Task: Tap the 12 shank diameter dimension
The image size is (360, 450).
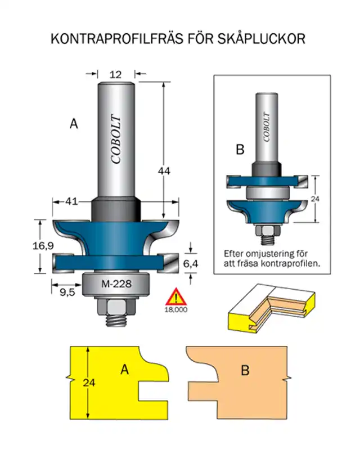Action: tap(116, 74)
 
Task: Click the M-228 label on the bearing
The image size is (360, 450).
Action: tap(116, 284)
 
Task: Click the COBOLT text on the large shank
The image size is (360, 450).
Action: tap(116, 139)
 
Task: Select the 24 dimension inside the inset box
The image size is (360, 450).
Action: tap(316, 199)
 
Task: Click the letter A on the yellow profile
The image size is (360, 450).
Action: tap(125, 369)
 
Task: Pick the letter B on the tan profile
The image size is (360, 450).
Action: tap(245, 371)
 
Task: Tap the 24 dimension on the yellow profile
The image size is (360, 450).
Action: tap(89, 382)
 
